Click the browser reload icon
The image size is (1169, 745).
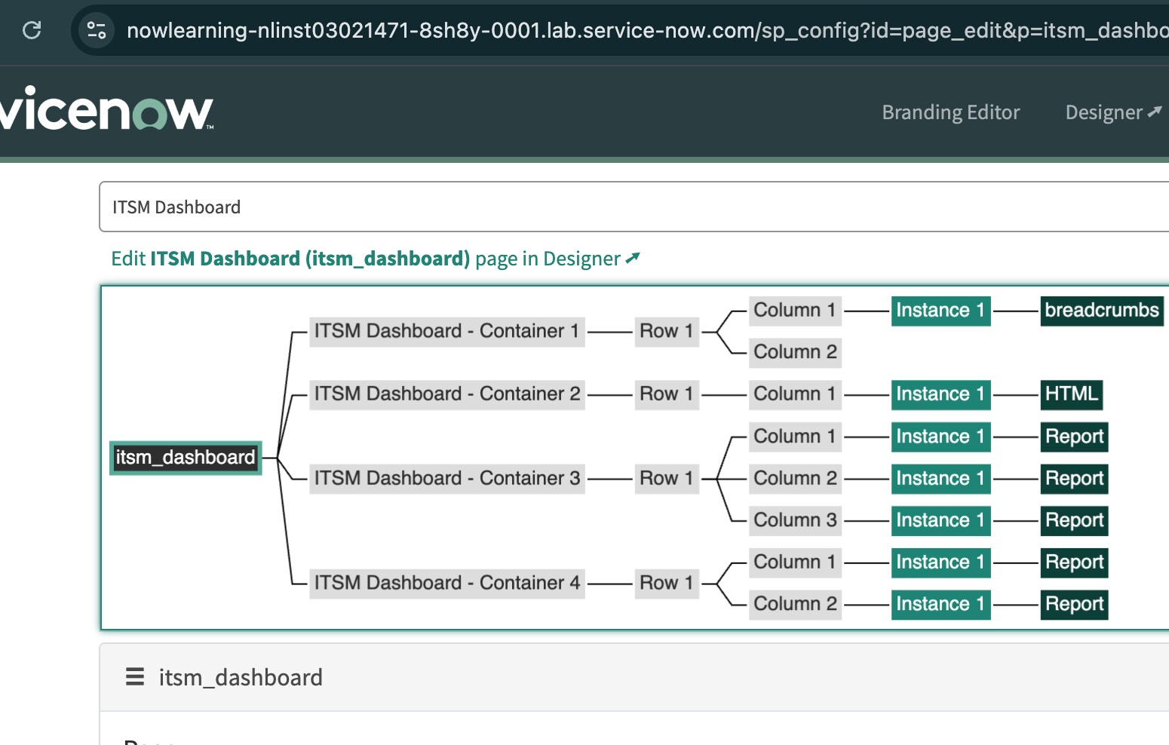(x=32, y=30)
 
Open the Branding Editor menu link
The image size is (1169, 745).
(x=950, y=112)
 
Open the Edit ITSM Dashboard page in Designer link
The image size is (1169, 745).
(x=375, y=259)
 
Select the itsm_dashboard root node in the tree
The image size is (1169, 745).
(x=186, y=458)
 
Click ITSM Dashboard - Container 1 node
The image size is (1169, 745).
(x=446, y=331)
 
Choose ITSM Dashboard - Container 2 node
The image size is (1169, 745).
(x=446, y=394)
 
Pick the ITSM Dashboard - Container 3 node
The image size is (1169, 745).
(x=446, y=478)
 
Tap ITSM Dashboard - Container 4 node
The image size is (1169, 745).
(x=446, y=583)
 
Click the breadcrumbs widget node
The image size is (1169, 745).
(x=1101, y=310)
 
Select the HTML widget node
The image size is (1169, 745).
(x=1071, y=394)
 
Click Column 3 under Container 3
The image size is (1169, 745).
(x=795, y=520)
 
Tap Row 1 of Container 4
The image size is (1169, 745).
(x=666, y=583)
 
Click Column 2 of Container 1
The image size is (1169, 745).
(x=795, y=352)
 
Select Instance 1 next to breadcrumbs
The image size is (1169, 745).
(x=940, y=310)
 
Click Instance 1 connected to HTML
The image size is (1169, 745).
(x=940, y=394)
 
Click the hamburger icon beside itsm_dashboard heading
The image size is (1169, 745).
(x=135, y=677)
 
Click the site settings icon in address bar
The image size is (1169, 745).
(x=97, y=30)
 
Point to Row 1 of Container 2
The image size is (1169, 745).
(x=666, y=394)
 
